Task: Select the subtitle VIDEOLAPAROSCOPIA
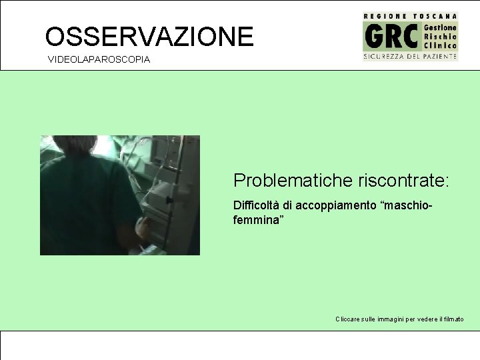99,60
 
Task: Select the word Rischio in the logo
441,36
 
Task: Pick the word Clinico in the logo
441,45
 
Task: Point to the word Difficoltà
255,205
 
